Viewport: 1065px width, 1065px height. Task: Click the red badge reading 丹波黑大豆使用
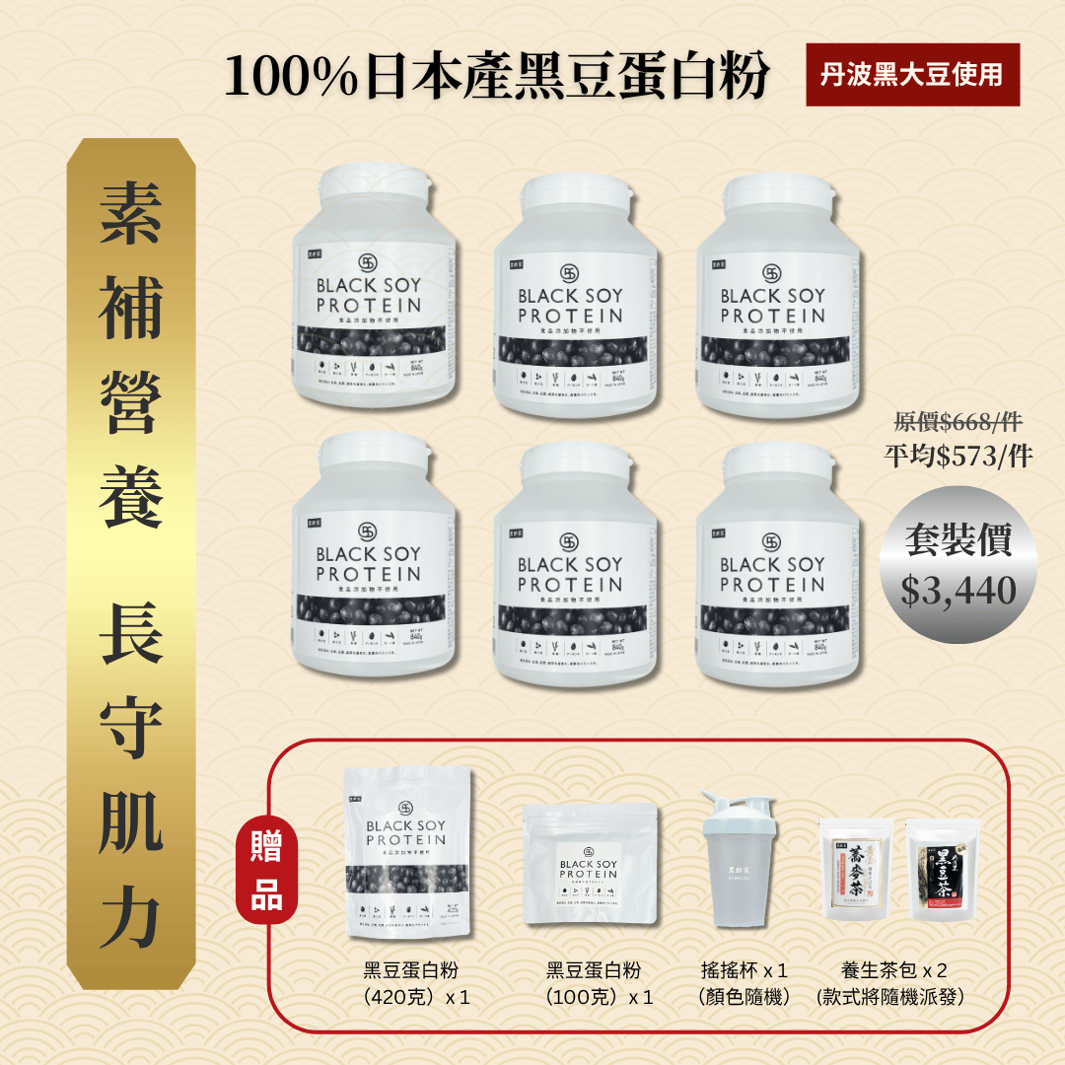point(912,75)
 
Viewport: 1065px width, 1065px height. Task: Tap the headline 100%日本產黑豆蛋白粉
point(496,77)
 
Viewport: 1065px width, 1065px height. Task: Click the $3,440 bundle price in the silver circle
point(958,590)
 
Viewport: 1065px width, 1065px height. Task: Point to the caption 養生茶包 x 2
point(894,970)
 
